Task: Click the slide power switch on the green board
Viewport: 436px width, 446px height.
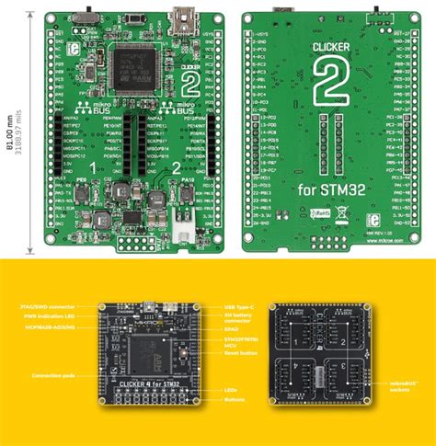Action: click(90, 17)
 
